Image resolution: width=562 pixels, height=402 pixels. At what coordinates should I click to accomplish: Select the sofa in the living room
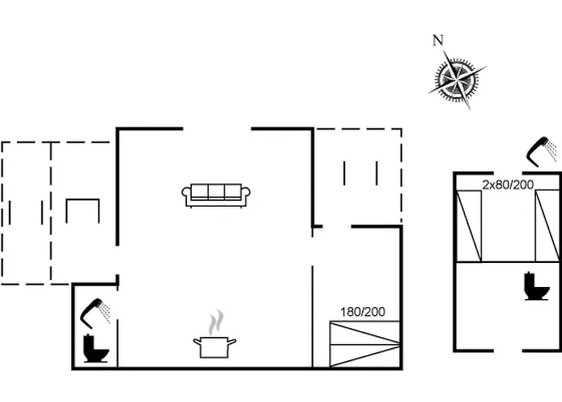tap(216, 195)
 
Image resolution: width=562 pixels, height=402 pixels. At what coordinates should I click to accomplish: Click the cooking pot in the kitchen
tap(214, 347)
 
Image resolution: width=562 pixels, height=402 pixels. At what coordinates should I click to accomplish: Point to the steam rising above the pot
tap(214, 324)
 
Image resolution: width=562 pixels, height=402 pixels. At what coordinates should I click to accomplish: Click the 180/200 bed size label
tap(361, 312)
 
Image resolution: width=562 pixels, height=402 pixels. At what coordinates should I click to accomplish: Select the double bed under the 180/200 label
tap(364, 344)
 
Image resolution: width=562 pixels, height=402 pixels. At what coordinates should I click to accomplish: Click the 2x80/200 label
tap(507, 184)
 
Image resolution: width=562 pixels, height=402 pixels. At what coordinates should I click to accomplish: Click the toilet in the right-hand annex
tap(536, 286)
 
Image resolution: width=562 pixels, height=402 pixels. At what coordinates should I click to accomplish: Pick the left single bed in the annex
tap(468, 226)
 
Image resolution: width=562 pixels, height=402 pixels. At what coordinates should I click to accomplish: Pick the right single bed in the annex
tap(547, 226)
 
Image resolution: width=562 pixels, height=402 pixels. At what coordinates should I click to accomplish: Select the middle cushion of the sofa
tap(216, 191)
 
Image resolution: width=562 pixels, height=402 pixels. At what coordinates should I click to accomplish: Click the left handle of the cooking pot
tap(196, 343)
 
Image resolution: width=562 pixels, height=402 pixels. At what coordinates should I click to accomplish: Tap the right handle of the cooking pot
tap(233, 343)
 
